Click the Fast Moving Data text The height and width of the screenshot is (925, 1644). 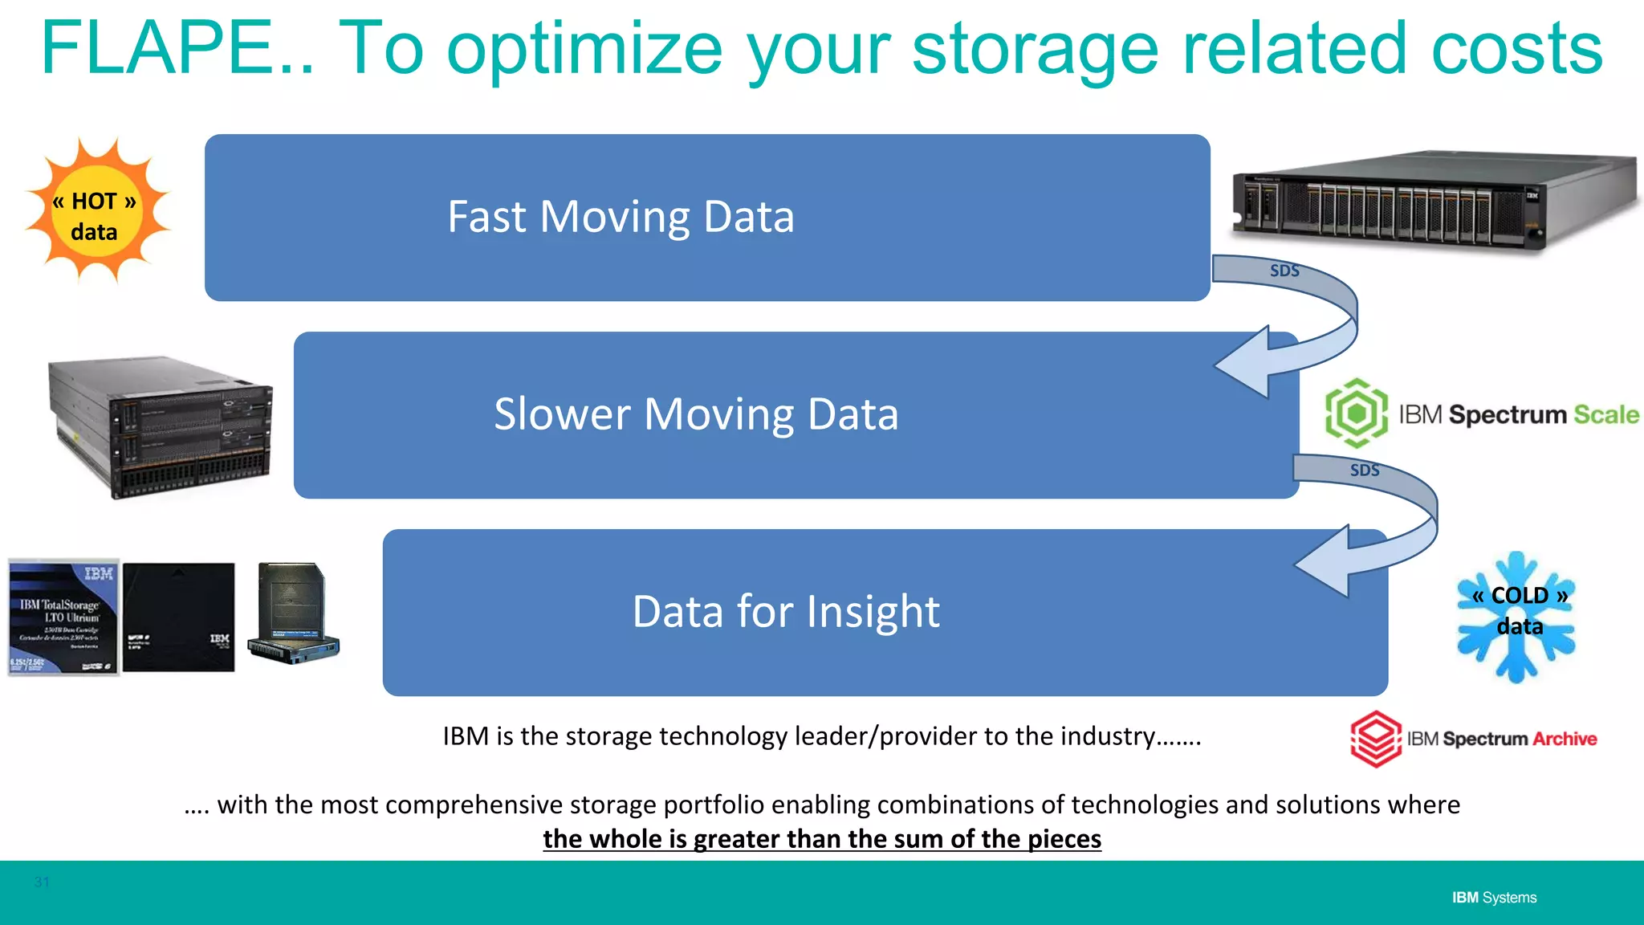click(x=621, y=218)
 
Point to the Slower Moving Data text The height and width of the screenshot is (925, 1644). click(x=695, y=414)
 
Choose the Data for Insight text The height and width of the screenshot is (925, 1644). click(x=785, y=612)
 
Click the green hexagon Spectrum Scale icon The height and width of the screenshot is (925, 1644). click(x=1356, y=414)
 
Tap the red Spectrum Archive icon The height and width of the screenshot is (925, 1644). click(x=1376, y=739)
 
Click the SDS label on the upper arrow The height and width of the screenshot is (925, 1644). click(x=1284, y=271)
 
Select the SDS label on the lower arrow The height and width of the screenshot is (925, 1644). click(x=1365, y=471)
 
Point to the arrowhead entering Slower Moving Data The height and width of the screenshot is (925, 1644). click(x=1244, y=363)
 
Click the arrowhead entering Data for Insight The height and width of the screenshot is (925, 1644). click(x=1325, y=561)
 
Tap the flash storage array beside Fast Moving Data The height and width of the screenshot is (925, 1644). click(x=1433, y=201)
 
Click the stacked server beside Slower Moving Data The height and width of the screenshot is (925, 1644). click(x=161, y=427)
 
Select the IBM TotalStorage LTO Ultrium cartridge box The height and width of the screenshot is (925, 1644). click(x=63, y=617)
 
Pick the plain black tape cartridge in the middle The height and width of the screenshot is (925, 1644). click(x=178, y=617)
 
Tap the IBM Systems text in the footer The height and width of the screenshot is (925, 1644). click(x=1494, y=898)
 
